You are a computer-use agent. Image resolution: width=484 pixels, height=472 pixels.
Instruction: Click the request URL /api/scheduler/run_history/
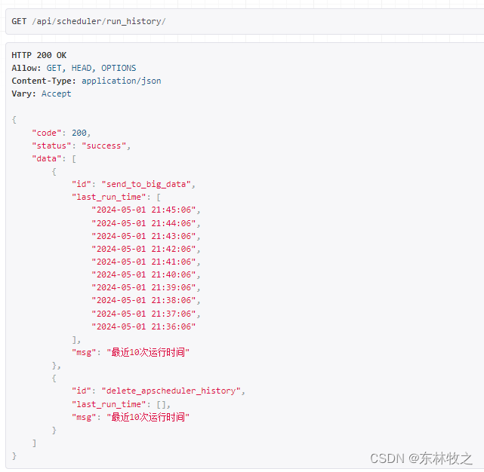click(99, 21)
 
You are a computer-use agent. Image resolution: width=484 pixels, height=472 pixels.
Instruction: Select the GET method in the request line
click(19, 21)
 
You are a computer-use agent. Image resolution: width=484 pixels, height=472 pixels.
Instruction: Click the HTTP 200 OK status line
click(39, 55)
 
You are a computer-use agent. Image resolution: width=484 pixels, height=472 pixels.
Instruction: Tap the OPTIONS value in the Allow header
click(119, 68)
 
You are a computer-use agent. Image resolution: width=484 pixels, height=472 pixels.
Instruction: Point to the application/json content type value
click(121, 81)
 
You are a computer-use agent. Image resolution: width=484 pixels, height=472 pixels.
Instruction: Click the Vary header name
click(21, 93)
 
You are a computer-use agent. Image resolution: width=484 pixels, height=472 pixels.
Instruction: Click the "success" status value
click(106, 146)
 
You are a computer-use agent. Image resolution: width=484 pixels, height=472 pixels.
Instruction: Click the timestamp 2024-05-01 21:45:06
click(146, 210)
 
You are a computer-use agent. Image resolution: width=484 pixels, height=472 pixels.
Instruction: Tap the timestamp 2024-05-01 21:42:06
click(146, 249)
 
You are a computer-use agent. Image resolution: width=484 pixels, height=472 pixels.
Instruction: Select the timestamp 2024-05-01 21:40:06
click(146, 274)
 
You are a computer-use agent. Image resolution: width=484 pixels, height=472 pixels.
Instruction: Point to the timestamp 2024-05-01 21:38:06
click(146, 300)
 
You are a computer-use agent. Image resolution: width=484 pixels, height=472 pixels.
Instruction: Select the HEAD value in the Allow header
click(81, 68)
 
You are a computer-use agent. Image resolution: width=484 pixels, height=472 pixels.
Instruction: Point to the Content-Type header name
click(42, 81)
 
